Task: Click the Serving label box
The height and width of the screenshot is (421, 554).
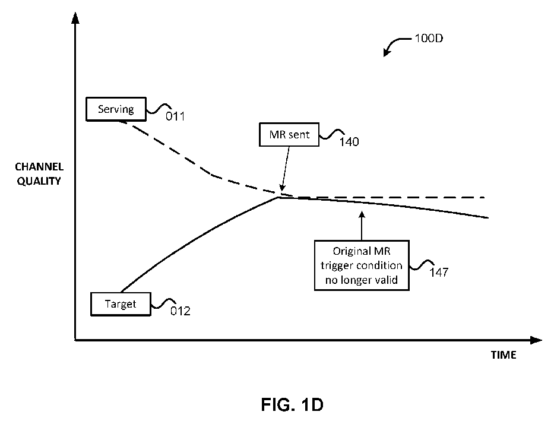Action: (116, 109)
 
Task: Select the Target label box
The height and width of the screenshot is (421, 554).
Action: (121, 304)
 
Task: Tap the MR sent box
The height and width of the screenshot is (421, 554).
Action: (289, 135)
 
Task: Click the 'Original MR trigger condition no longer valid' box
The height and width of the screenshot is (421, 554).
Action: (362, 265)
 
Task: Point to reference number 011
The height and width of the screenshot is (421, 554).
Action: (175, 116)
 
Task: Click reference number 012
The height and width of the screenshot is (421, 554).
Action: (180, 311)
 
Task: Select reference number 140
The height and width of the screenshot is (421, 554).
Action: (349, 142)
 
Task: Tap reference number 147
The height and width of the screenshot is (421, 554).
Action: (439, 273)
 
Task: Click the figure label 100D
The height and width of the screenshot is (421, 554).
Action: (429, 38)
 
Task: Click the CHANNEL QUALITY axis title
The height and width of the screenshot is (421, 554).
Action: (39, 174)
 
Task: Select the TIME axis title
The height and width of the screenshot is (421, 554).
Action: (504, 355)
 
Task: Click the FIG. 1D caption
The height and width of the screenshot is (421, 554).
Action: (292, 404)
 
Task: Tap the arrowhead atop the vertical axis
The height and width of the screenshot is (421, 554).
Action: (75, 18)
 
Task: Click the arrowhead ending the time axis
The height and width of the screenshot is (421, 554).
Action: (536, 340)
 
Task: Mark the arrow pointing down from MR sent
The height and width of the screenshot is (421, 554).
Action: (286, 169)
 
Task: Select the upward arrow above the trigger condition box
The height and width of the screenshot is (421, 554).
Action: (362, 226)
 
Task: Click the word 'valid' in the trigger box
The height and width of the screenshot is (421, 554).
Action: (388, 280)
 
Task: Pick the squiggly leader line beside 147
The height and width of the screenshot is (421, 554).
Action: (422, 265)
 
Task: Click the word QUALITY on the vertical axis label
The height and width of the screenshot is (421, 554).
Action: (39, 181)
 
